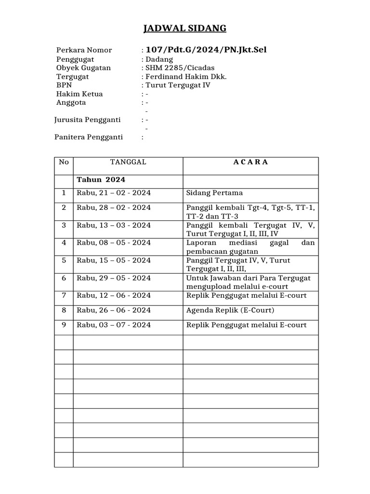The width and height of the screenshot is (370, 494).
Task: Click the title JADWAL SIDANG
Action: pyautogui.click(x=185, y=29)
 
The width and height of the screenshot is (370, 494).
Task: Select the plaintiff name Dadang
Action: pyautogui.click(x=159, y=59)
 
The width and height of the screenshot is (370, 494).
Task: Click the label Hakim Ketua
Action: pyautogui.click(x=79, y=94)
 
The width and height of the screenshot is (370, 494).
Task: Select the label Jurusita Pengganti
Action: pyautogui.click(x=87, y=120)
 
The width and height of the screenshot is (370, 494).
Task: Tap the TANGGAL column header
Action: pyautogui.click(x=128, y=162)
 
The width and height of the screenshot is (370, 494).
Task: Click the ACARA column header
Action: pyautogui.click(x=251, y=162)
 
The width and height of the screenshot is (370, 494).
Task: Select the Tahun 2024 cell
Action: pyautogui.click(x=101, y=179)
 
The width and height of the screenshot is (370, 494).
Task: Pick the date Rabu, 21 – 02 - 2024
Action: pyautogui.click(x=114, y=193)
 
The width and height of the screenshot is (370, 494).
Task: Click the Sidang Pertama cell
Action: pyautogui.click(x=214, y=193)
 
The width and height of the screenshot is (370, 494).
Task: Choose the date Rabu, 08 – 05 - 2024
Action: pyautogui.click(x=114, y=243)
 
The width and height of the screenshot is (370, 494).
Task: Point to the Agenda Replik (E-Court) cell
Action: pyautogui.click(x=230, y=310)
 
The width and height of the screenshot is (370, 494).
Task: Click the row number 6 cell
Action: pyautogui.click(x=64, y=278)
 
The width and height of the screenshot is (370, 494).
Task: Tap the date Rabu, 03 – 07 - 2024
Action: pyautogui.click(x=114, y=325)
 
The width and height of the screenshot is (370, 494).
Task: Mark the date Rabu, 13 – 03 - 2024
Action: pyautogui.click(x=114, y=225)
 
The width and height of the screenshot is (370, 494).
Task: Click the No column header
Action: pyautogui.click(x=64, y=162)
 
